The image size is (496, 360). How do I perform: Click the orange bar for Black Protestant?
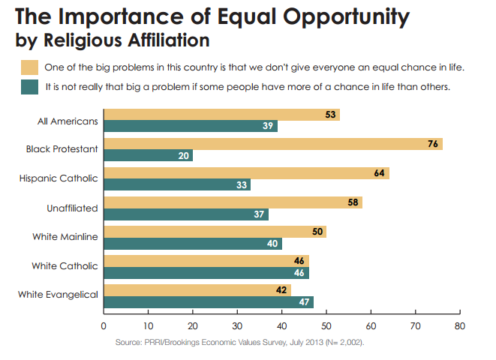point(272,144)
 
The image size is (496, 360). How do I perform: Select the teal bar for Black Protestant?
point(148,156)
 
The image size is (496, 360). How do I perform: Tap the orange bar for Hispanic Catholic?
point(245,173)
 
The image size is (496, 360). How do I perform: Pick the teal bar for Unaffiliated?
point(185,214)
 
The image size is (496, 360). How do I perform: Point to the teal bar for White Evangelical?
point(208,301)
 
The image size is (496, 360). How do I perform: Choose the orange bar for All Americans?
point(221,115)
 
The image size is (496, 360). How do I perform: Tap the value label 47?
point(305,301)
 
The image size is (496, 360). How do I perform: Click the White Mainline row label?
point(65,237)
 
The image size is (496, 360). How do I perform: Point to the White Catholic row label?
point(66,265)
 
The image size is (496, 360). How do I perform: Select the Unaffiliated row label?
point(72,208)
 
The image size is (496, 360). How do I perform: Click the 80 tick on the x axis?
point(460,326)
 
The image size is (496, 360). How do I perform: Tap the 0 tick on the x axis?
point(104,326)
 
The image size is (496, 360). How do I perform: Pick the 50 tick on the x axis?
point(326,326)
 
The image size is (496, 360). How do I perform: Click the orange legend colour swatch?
point(30,67)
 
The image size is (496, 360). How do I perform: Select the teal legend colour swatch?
point(30,87)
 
